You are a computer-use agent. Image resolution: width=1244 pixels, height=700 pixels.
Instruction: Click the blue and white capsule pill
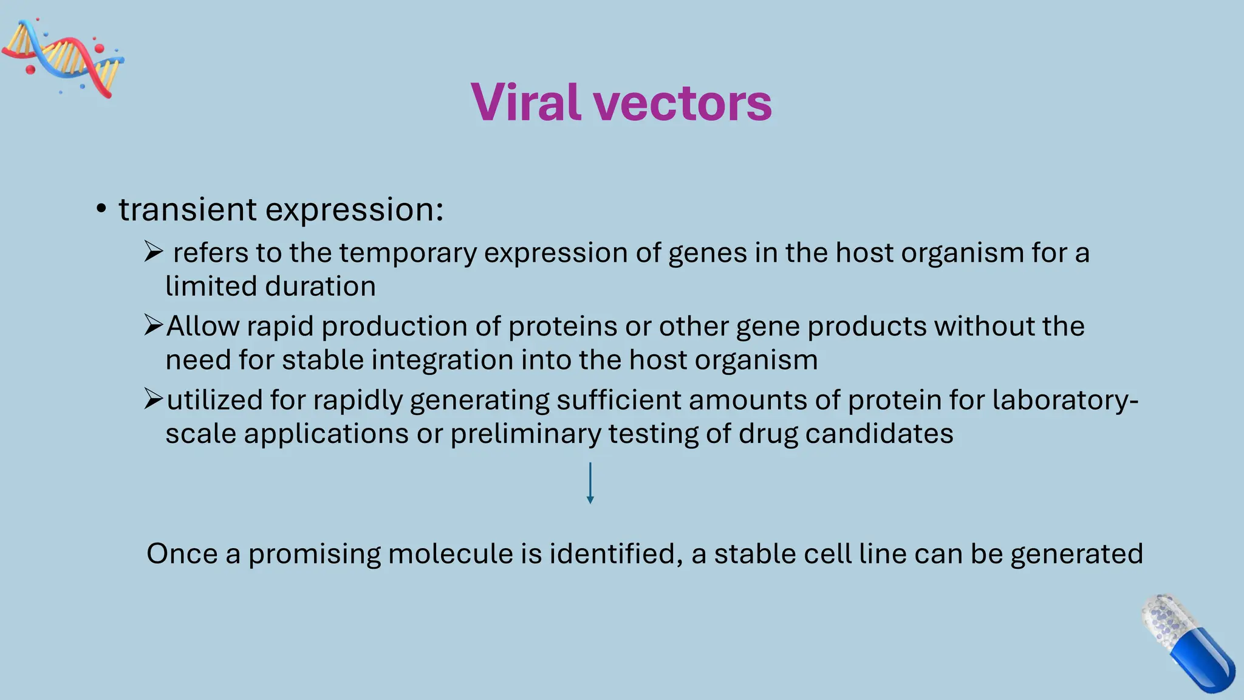tap(1188, 642)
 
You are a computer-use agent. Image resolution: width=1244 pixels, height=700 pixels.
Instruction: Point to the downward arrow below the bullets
tap(590, 483)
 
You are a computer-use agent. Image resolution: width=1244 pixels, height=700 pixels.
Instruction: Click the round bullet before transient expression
tap(101, 209)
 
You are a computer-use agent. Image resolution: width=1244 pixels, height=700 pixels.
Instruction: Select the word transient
tap(188, 209)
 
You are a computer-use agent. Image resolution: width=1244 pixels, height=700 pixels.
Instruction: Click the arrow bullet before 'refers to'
tap(153, 251)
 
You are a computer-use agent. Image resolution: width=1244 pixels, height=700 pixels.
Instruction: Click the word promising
tap(314, 554)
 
